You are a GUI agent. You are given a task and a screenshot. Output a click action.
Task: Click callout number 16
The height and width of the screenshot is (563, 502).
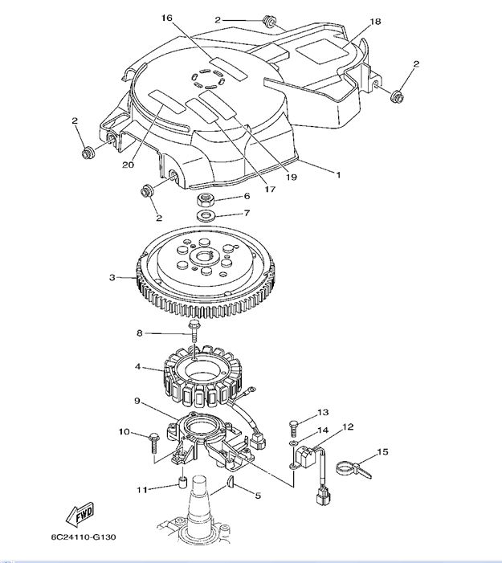166,18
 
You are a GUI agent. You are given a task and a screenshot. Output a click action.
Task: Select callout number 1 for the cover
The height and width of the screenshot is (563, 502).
337,173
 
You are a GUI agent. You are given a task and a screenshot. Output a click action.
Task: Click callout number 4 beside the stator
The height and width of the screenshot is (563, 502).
139,367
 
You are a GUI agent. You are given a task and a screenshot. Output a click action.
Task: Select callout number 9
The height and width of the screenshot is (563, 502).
137,401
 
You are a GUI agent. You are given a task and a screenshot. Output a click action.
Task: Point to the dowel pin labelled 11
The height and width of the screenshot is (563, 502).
182,483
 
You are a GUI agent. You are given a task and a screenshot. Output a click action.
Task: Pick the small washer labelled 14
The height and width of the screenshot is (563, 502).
295,443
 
